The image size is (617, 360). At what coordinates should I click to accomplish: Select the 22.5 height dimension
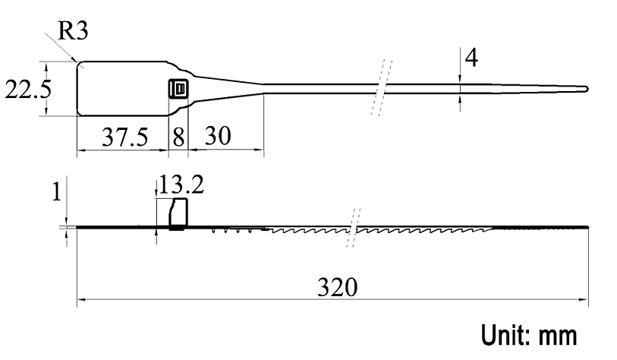(x=28, y=89)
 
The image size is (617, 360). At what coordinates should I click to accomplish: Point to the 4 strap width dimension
(x=471, y=58)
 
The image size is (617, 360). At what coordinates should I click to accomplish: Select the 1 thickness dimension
(x=55, y=193)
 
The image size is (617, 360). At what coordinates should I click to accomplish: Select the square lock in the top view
(x=178, y=89)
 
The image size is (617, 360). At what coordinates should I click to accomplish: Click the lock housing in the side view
(x=178, y=215)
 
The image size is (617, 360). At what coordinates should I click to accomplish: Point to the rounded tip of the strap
(x=584, y=89)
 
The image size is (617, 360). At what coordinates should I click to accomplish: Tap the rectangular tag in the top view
(x=121, y=89)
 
